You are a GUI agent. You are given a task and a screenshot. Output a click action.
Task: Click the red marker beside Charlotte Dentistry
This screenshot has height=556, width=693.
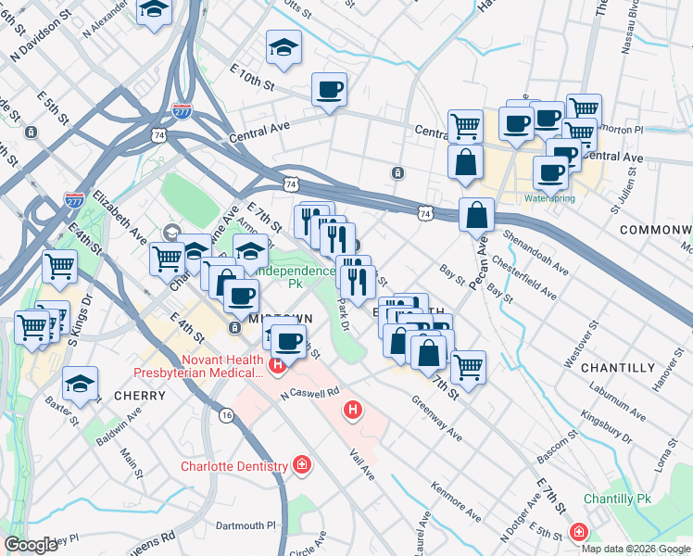point(301,463)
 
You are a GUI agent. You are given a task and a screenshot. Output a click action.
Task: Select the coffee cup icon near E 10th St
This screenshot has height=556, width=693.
point(329,91)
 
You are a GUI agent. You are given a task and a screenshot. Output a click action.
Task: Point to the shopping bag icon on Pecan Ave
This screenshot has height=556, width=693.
point(475,214)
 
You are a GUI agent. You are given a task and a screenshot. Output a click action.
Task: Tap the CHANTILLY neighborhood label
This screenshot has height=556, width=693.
point(617,368)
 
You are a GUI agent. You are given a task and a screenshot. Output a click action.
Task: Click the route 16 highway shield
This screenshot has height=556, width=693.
point(226,416)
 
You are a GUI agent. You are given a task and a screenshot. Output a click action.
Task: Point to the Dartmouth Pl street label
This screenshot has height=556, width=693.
point(246,525)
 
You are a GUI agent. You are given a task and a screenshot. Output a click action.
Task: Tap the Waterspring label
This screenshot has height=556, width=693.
point(549,198)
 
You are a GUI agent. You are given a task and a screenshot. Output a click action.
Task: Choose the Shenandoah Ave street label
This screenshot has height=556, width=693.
point(535,248)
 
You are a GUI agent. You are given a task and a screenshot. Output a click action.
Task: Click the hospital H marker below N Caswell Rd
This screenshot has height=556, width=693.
point(352,409)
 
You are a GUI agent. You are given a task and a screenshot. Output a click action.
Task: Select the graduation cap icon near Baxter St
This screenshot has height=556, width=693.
point(81,384)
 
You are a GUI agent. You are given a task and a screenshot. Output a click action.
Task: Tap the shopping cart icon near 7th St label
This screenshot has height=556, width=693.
point(468,367)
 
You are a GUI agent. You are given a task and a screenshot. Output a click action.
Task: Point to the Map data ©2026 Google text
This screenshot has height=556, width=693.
point(636,548)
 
